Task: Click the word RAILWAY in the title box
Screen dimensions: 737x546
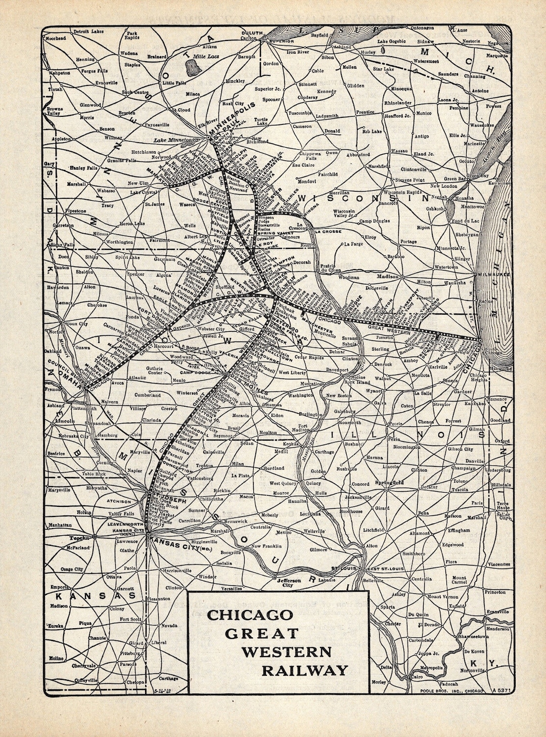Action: click(305, 670)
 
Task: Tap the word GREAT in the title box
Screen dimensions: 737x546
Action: click(261, 633)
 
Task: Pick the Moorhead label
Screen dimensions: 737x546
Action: click(56, 38)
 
